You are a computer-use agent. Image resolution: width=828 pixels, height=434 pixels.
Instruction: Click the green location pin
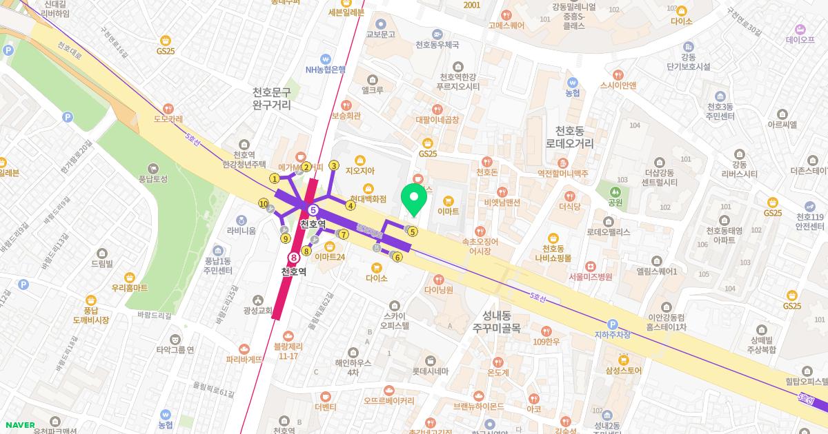(x=414, y=198)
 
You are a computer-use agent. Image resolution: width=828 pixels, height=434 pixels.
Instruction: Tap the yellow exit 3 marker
(x=334, y=165)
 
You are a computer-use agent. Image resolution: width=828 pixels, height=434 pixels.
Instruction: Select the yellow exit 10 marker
(x=264, y=203)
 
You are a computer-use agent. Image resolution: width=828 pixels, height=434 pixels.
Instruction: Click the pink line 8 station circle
(x=294, y=257)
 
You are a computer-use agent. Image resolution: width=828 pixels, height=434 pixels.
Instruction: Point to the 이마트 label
(x=448, y=210)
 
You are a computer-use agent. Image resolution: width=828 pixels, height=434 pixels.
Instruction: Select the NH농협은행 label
(x=325, y=69)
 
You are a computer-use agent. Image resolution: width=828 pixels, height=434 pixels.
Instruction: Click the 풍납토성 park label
(x=153, y=178)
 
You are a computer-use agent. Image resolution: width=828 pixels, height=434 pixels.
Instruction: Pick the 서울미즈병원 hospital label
(x=590, y=276)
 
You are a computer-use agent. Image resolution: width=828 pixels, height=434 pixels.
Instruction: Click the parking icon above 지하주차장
(x=612, y=324)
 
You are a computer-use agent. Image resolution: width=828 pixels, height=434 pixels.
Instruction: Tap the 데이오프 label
(x=800, y=39)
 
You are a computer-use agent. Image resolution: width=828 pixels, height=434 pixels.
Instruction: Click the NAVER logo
(x=20, y=425)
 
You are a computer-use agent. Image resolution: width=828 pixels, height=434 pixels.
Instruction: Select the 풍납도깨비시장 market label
(x=91, y=315)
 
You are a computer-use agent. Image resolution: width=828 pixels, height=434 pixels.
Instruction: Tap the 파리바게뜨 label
(x=244, y=359)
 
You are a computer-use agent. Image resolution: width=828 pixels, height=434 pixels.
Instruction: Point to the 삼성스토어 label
(x=623, y=370)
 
